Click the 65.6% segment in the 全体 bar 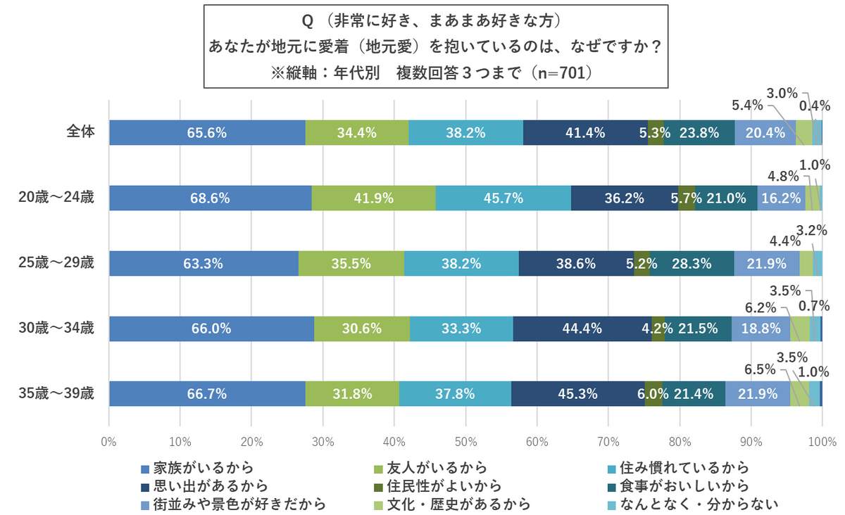[207, 132]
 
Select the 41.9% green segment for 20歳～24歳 [373, 198]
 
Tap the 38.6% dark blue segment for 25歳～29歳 [576, 264]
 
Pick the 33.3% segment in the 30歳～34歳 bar [461, 329]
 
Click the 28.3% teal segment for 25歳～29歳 [691, 264]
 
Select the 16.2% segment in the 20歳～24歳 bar [781, 198]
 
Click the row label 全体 [80, 132]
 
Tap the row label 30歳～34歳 [56, 328]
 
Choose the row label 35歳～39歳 [56, 393]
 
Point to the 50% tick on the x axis [465, 443]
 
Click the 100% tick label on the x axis [822, 443]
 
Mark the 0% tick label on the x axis [109, 443]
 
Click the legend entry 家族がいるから [197, 468]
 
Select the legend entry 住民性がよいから [444, 485]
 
